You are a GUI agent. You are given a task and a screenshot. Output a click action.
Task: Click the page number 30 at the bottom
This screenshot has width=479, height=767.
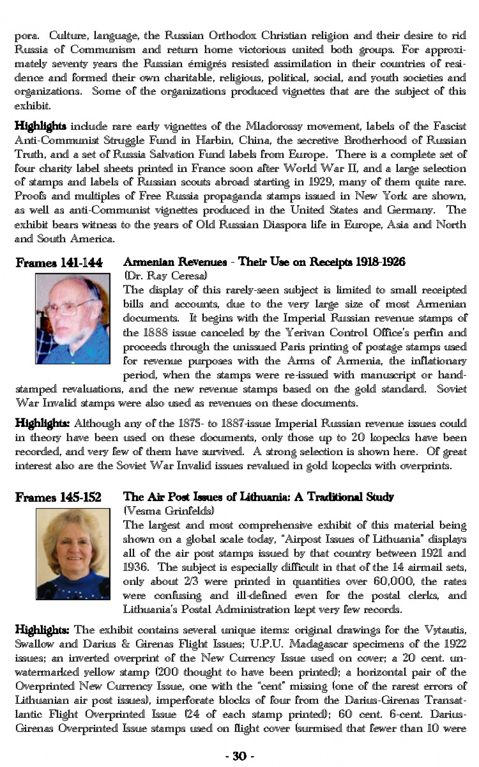point(240,756)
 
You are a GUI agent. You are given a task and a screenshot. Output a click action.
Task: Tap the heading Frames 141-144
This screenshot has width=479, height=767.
point(59,263)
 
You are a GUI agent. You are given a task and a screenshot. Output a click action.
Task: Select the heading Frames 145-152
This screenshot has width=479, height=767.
point(58,497)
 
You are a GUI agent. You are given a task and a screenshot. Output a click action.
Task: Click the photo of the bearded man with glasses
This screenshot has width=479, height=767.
point(73,318)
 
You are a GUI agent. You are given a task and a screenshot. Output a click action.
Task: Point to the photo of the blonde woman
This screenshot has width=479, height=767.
point(73,553)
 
